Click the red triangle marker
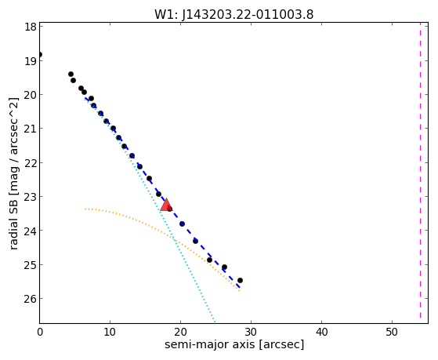click(166, 205)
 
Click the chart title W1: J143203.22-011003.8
click(234, 15)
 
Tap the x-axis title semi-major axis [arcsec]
click(234, 344)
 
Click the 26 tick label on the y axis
click(30, 299)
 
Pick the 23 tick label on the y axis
click(30, 197)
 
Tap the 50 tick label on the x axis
click(392, 333)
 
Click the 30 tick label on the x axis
click(251, 333)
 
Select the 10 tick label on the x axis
click(110, 333)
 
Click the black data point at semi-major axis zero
click(40, 55)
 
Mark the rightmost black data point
click(240, 280)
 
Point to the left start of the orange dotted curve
click(85, 209)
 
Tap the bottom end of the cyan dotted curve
click(214, 322)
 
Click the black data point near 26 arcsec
click(224, 267)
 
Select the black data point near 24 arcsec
click(209, 260)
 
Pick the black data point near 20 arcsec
click(182, 224)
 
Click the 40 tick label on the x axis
click(321, 333)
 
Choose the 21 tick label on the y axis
click(30, 129)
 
